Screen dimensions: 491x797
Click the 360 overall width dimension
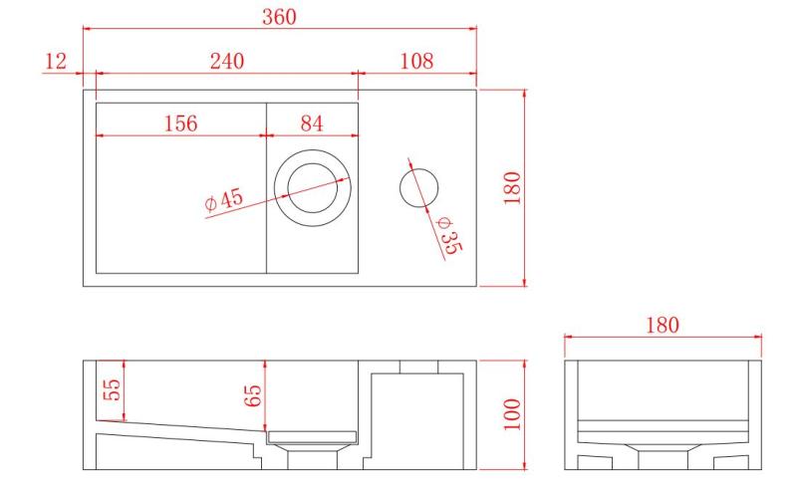280,17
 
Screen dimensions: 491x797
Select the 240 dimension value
228,61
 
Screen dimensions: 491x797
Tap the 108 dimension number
416,61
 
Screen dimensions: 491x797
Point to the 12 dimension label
56,61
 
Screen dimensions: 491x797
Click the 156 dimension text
180,123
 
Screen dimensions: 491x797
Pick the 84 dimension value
312,123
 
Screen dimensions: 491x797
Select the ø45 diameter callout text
224,200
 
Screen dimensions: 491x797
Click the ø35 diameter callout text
446,235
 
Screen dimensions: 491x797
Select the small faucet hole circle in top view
419,187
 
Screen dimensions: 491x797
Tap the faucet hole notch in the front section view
419,367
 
